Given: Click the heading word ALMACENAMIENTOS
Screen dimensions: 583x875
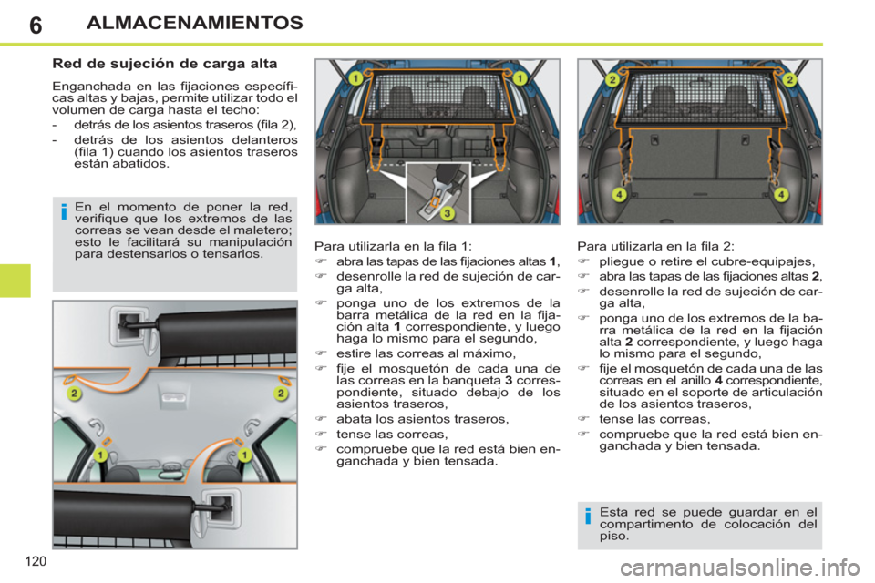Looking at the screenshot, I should point(195,22).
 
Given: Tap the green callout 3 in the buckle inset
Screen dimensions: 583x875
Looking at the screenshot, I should point(447,213).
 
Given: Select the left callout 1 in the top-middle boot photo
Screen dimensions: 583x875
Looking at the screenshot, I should point(355,79).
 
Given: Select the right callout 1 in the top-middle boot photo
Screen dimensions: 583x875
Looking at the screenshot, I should point(520,79).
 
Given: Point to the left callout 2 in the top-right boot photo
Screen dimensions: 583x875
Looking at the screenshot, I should point(613,79).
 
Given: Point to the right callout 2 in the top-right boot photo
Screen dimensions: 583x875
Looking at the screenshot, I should point(789,79).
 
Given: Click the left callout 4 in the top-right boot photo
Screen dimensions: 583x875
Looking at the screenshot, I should point(618,194).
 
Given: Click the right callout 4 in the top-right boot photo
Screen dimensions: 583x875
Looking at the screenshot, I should point(781,194).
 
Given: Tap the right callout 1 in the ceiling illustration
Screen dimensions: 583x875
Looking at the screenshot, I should point(245,454).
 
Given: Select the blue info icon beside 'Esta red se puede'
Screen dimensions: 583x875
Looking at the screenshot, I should point(589,517).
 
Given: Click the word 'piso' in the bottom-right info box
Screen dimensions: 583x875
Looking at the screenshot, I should point(614,537).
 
